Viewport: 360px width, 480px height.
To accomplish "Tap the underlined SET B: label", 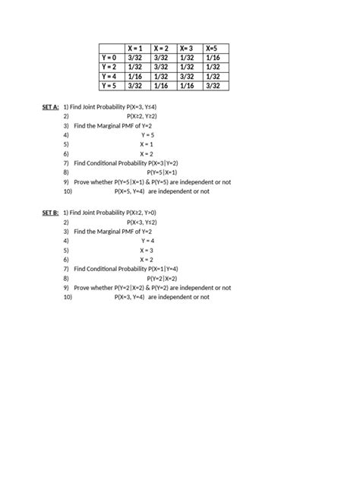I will pos(50,213).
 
